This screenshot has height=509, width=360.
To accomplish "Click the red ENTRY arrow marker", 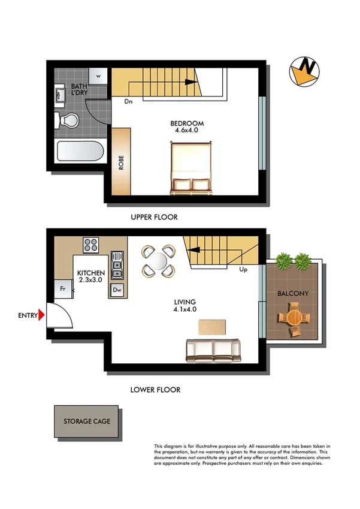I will pyautogui.click(x=41, y=315).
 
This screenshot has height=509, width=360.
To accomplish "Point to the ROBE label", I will pyautogui.click(x=121, y=164).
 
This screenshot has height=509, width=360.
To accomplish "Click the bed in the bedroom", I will pyautogui.click(x=190, y=168).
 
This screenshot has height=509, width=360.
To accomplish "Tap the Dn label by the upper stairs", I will pyautogui.click(x=128, y=101).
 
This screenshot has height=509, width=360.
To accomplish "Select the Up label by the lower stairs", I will pyautogui.click(x=244, y=269).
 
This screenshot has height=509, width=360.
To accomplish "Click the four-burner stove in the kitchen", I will pyautogui.click(x=91, y=244).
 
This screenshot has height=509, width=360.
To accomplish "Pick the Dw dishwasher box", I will pyautogui.click(x=117, y=290).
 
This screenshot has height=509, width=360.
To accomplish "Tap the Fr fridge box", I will pyautogui.click(x=62, y=289).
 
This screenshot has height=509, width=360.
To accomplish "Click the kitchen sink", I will pyautogui.click(x=117, y=266).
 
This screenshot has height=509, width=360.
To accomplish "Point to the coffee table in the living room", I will pyautogui.click(x=211, y=326).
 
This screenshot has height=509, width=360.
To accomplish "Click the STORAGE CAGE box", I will pyautogui.click(x=87, y=421).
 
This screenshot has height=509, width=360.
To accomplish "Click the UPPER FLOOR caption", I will pyautogui.click(x=155, y=217).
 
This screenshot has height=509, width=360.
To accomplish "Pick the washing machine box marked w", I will pyautogui.click(x=98, y=76).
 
